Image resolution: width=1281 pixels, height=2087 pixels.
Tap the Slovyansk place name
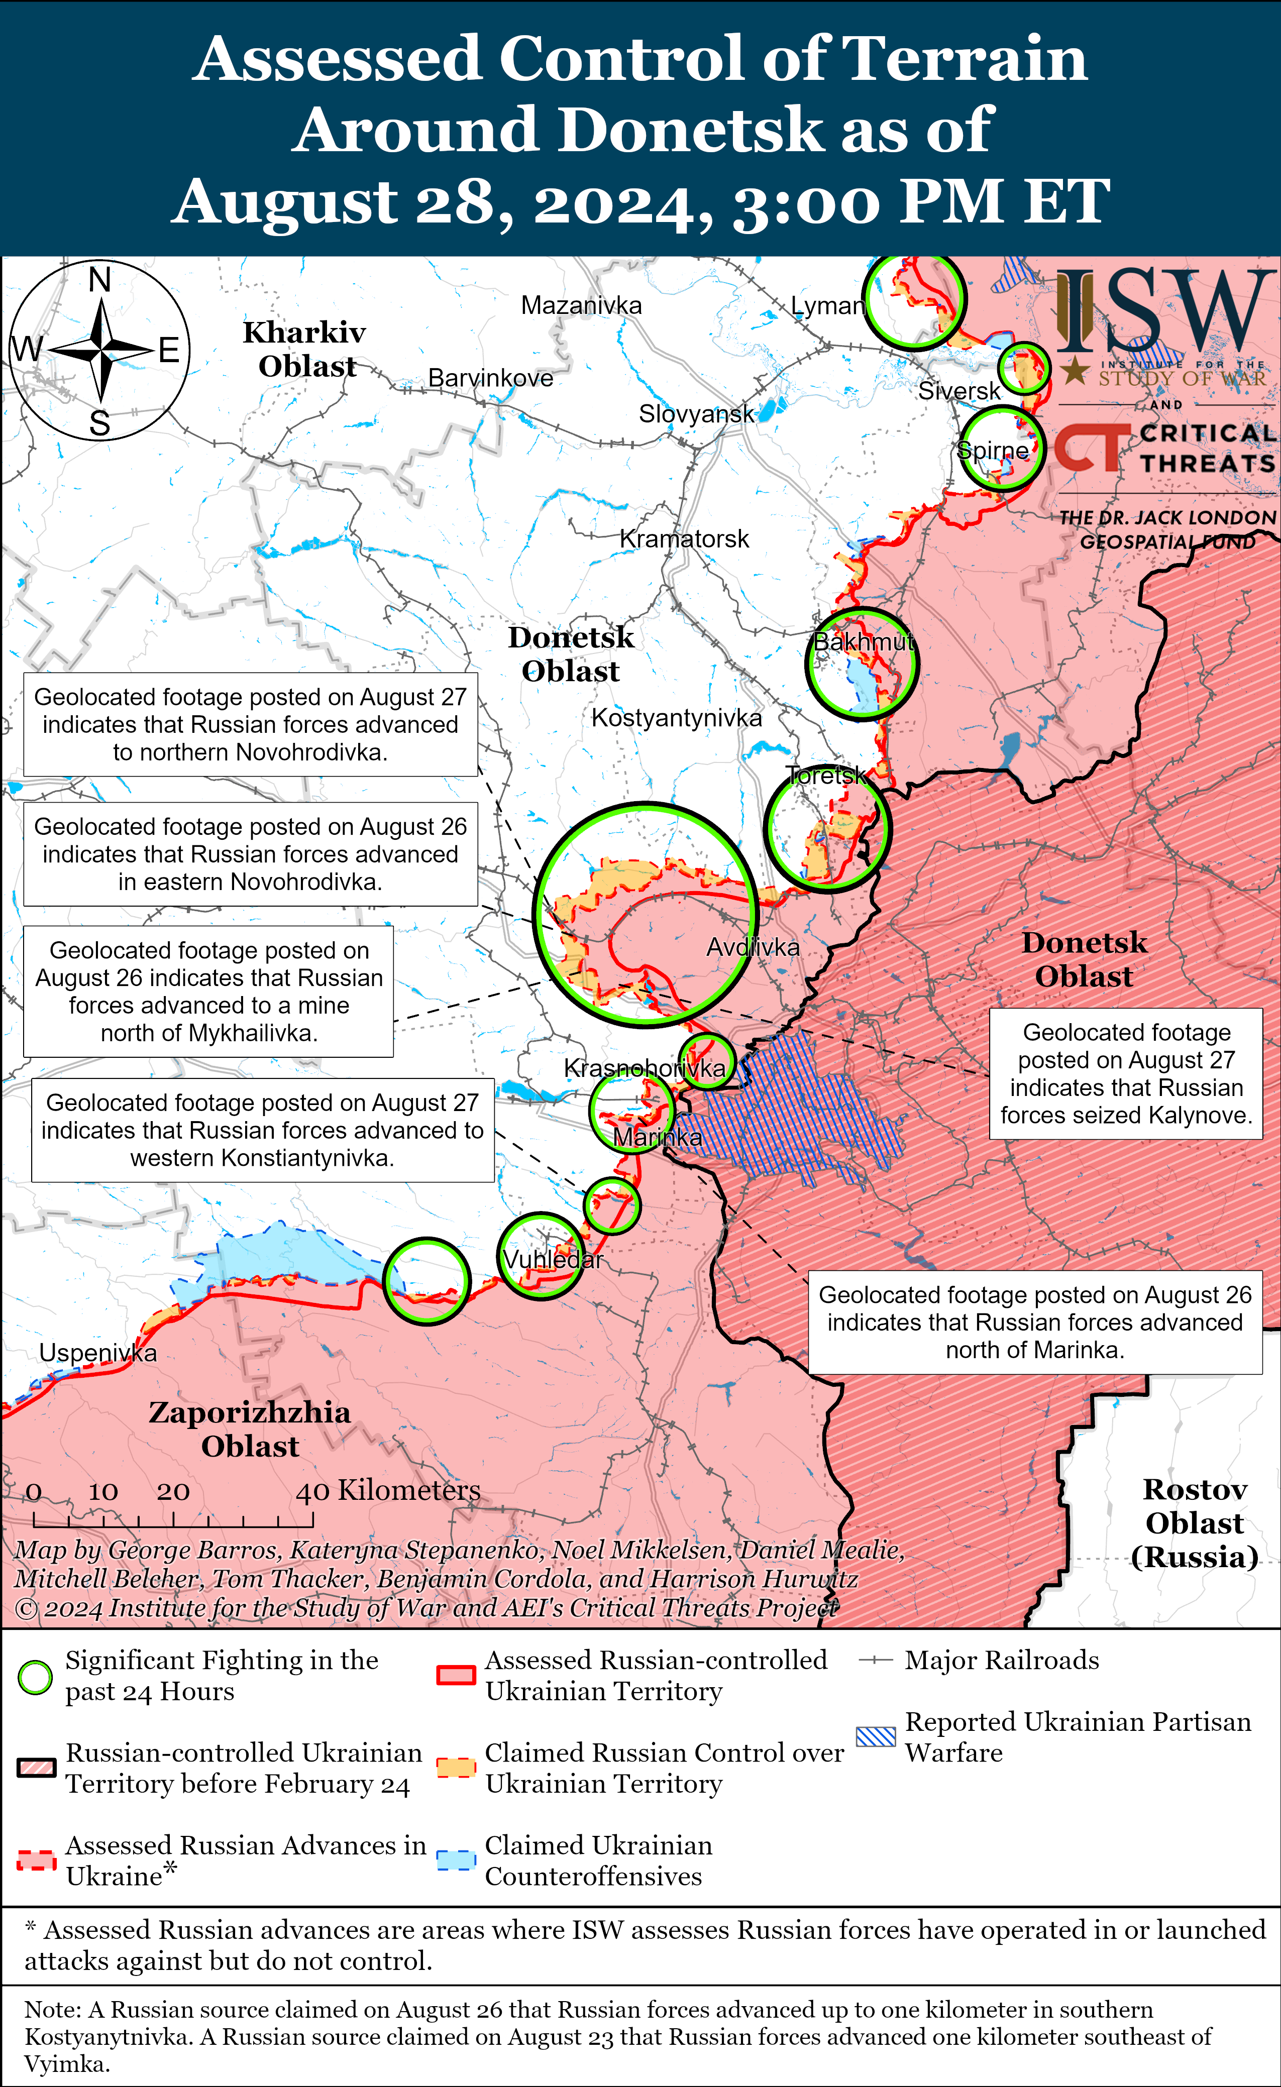(696, 414)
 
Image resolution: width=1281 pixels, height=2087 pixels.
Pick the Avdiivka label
(753, 947)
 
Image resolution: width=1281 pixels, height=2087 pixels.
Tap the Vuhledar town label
(553, 1260)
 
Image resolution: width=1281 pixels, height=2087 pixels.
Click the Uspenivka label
(98, 1353)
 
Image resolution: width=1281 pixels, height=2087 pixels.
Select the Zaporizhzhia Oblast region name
(250, 1429)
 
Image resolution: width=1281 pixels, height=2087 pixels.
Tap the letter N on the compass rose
(100, 279)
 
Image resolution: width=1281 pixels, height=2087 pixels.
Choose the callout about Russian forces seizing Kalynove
(1126, 1073)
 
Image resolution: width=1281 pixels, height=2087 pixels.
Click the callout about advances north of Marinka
(1034, 1322)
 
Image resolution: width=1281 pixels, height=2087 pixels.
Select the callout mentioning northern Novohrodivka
(250, 724)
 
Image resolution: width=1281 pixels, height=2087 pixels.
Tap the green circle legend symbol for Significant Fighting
(36, 1677)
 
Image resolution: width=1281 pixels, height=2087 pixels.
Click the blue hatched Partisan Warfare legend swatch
(875, 1736)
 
